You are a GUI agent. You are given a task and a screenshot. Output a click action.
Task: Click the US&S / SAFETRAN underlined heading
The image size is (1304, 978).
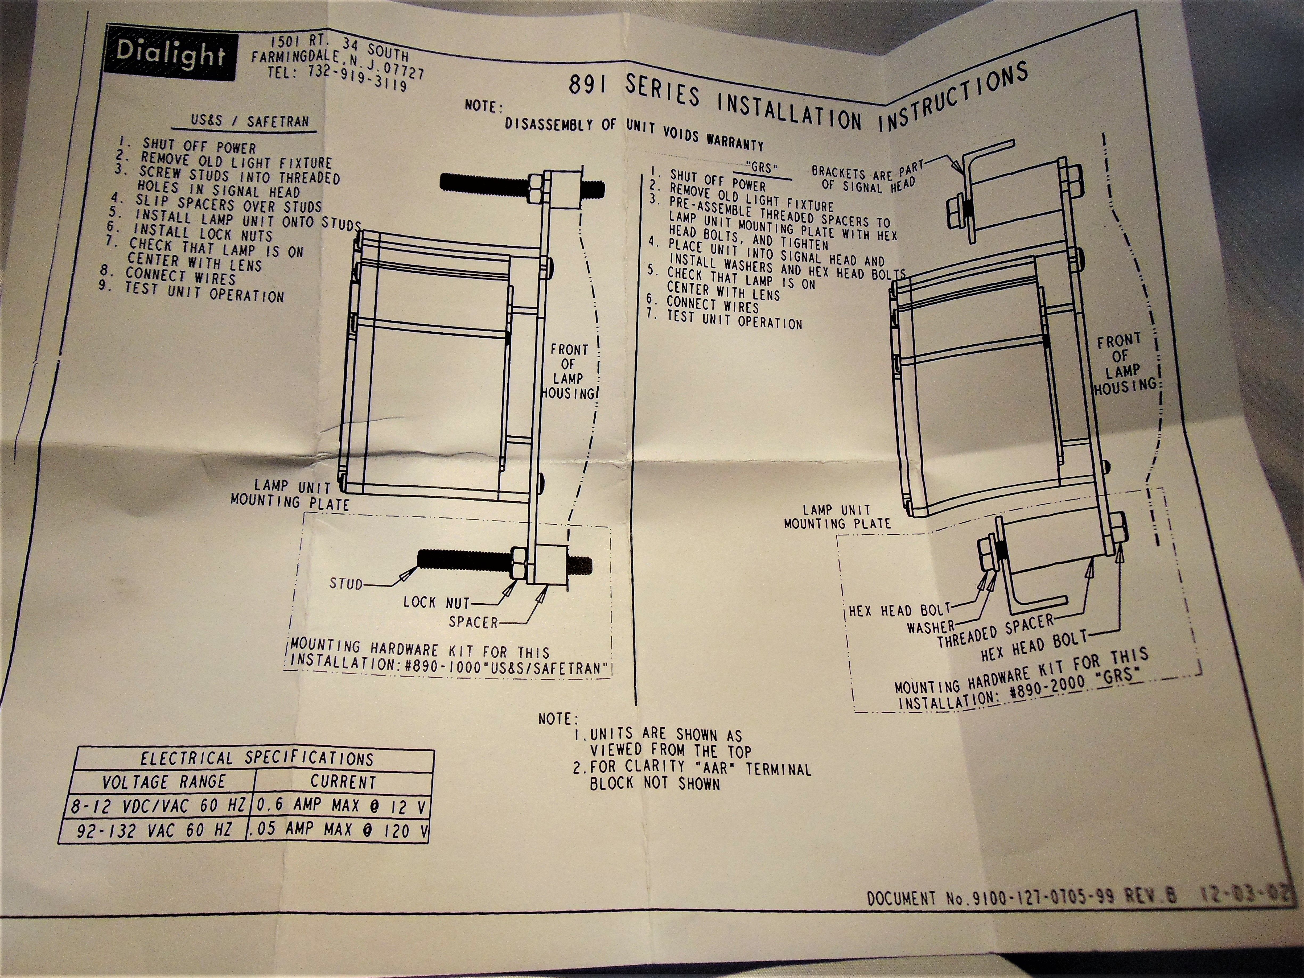pyautogui.click(x=249, y=121)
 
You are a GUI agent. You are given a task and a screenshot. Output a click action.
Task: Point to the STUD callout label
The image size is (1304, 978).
pyautogui.click(x=346, y=584)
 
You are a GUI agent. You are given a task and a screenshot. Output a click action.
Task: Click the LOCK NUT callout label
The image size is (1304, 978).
pyautogui.click(x=436, y=603)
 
